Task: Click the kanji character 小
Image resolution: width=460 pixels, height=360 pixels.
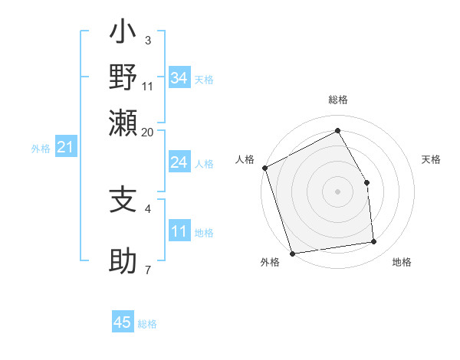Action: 123,34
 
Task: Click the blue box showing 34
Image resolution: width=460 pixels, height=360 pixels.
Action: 179,78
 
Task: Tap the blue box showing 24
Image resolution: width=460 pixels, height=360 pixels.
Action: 179,162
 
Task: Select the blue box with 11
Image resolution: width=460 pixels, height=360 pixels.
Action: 179,231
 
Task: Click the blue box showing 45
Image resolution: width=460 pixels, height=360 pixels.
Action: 123,322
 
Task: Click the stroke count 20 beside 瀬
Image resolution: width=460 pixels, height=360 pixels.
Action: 148,132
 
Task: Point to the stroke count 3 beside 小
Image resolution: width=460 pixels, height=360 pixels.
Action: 147,40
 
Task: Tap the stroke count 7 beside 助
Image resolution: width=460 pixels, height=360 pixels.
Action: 147,270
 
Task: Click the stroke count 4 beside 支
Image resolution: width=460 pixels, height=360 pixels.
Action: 147,208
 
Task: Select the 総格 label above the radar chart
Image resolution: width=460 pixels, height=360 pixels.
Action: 338,100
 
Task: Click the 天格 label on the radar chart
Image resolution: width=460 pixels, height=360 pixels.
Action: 431,159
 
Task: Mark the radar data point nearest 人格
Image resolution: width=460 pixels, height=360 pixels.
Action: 264,168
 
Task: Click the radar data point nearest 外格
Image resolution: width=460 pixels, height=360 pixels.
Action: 292,253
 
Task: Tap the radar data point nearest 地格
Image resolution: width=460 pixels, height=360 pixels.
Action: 374,242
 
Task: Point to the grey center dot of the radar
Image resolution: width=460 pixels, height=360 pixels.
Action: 337,191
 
